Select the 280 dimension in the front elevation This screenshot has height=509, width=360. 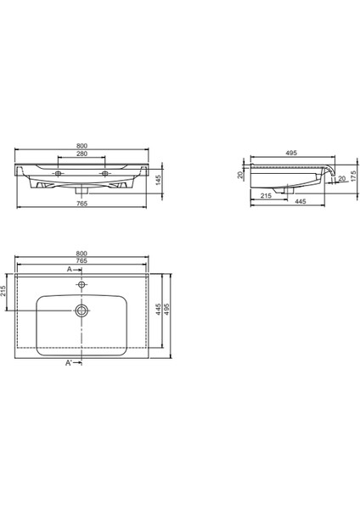pyautogui.click(x=82, y=154)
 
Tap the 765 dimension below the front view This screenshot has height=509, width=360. pyautogui.click(x=82, y=204)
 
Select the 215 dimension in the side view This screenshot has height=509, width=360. pyautogui.click(x=267, y=195)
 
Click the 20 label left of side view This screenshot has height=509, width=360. pyautogui.click(x=240, y=174)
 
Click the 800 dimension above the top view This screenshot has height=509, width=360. pyautogui.click(x=82, y=253)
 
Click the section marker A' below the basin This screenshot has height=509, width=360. pyautogui.click(x=69, y=362)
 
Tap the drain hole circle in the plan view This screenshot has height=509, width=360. pyautogui.click(x=82, y=310)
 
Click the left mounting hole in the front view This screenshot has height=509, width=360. pyautogui.click(x=59, y=173)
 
